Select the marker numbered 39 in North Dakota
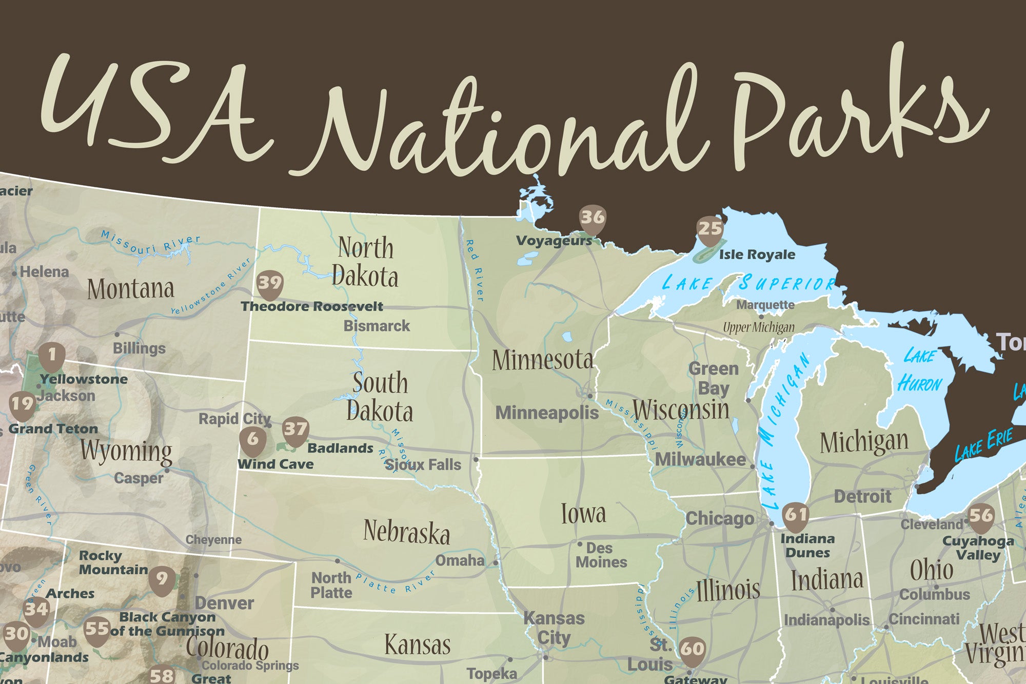pos(270,283)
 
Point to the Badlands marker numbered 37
pos(295,429)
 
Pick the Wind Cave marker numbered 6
pos(253,440)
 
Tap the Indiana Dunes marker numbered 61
pos(796,515)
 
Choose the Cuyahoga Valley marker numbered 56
pos(981,516)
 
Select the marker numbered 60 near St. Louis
pos(693,650)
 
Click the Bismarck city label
pos(377,326)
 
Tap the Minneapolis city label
pos(547,413)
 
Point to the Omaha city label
pos(460,560)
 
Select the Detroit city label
pos(862,496)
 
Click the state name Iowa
pos(583,513)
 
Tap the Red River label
pos(475,270)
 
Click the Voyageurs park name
pos(554,241)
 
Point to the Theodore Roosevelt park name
pos(312,307)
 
